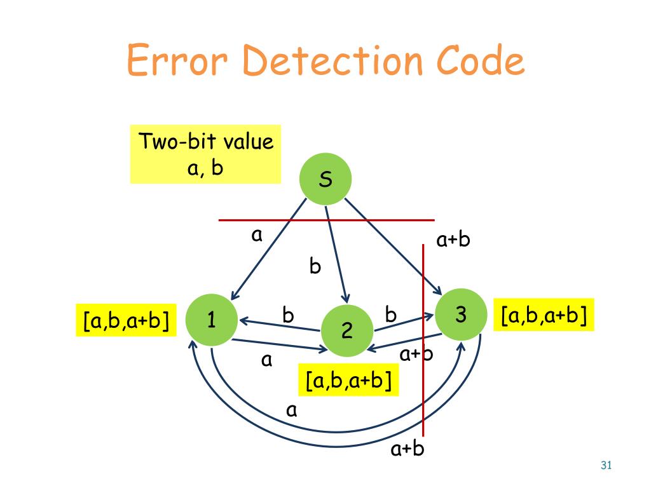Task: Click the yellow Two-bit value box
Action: point(205,154)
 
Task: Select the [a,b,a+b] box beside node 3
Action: point(544,315)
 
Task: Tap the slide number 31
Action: point(605,466)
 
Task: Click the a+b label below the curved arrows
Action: point(407,449)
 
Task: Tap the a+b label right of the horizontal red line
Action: point(453,240)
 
